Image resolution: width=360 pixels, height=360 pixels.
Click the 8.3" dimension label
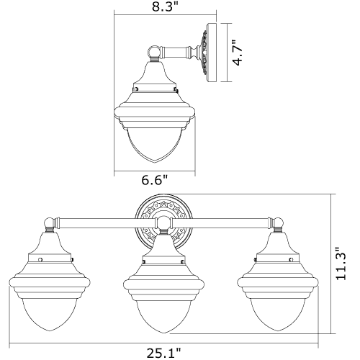click(x=166, y=7)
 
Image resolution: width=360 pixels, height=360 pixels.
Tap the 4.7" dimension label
click(x=238, y=53)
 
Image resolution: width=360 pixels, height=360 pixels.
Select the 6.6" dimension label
click(x=155, y=180)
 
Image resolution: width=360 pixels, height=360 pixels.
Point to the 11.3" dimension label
click(x=341, y=263)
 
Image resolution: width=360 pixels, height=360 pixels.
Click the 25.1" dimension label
click(x=163, y=353)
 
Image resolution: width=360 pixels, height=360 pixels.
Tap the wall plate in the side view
click(x=211, y=53)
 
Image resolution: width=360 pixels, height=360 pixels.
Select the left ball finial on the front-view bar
click(x=50, y=222)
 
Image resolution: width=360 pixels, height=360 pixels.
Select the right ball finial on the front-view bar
click(x=279, y=222)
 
